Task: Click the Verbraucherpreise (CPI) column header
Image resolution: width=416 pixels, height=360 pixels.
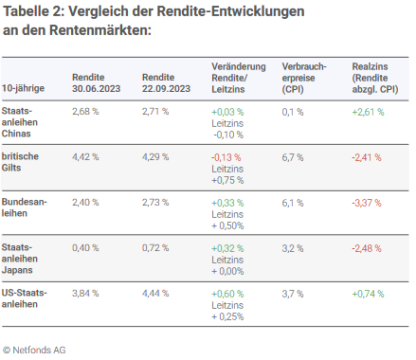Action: pos(304,77)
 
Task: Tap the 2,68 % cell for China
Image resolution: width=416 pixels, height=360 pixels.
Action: pos(86,111)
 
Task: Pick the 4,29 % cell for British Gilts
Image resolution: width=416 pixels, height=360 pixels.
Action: pos(155,156)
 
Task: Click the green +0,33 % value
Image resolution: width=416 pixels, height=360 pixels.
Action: pos(227,202)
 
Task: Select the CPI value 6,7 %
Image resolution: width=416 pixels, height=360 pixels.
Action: pos(293,156)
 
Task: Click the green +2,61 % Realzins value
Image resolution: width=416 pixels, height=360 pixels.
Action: pos(369,111)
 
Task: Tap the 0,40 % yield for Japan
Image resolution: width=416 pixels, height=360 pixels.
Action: pos(86,247)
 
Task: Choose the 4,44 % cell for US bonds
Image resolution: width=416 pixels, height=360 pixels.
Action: pos(155,293)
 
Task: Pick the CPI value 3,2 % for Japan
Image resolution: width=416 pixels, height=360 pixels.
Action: pos(293,247)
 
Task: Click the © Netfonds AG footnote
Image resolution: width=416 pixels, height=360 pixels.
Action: pos(34,350)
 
